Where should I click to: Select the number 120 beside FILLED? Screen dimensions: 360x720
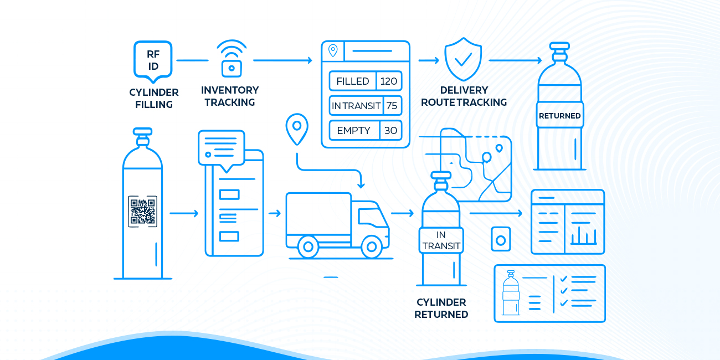tap(389, 81)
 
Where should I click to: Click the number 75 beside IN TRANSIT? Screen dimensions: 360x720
tap(392, 106)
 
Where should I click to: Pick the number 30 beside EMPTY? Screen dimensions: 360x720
tap(390, 131)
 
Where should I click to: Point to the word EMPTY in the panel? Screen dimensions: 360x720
tap(353, 131)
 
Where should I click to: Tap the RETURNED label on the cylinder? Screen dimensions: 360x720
tap(559, 116)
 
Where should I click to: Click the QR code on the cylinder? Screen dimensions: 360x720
tap(142, 211)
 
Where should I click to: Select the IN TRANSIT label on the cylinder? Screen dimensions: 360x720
tap(441, 240)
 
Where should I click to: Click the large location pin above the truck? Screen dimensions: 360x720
tap(296, 128)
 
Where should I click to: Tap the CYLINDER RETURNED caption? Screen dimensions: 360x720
tap(441, 308)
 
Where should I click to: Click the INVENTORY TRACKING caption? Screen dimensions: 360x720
tap(230, 96)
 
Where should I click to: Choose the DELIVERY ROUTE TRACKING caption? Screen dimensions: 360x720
tap(464, 96)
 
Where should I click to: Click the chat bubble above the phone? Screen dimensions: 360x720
tap(221, 148)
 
